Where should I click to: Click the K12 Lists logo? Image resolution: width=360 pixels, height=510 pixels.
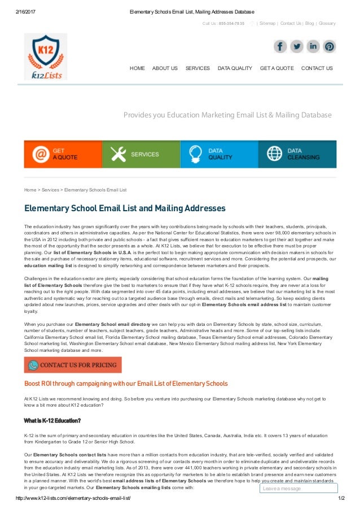(x=45, y=56)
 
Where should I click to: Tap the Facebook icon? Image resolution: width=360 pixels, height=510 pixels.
(x=280, y=46)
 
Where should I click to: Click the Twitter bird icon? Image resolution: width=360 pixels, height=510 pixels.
(x=297, y=46)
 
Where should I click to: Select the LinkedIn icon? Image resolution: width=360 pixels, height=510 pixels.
(x=313, y=46)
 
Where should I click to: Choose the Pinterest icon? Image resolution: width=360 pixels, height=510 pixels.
(x=330, y=46)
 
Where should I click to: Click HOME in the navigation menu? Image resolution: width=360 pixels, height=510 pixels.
(x=137, y=68)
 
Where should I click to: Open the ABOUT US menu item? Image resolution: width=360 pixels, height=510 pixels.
(x=165, y=68)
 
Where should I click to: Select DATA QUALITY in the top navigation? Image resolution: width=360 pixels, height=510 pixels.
(x=235, y=68)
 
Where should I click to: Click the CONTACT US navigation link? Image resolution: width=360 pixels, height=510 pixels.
(x=317, y=68)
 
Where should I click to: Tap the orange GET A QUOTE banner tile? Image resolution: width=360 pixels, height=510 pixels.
(x=63, y=154)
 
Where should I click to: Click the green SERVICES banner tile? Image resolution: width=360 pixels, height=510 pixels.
(x=141, y=154)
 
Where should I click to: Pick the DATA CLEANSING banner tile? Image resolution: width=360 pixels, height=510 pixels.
(x=297, y=154)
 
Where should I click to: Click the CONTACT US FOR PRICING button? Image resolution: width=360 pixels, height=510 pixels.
(x=73, y=365)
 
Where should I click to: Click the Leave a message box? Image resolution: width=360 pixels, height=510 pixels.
(x=298, y=488)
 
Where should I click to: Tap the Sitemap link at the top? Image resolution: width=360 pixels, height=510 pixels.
(x=268, y=24)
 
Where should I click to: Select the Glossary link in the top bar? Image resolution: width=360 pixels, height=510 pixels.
(x=327, y=24)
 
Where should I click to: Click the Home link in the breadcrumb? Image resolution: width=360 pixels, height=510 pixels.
(x=30, y=190)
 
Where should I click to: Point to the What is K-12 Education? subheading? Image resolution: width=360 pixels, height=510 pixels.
(x=52, y=420)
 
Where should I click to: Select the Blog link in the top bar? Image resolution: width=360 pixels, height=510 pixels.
(x=309, y=24)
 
